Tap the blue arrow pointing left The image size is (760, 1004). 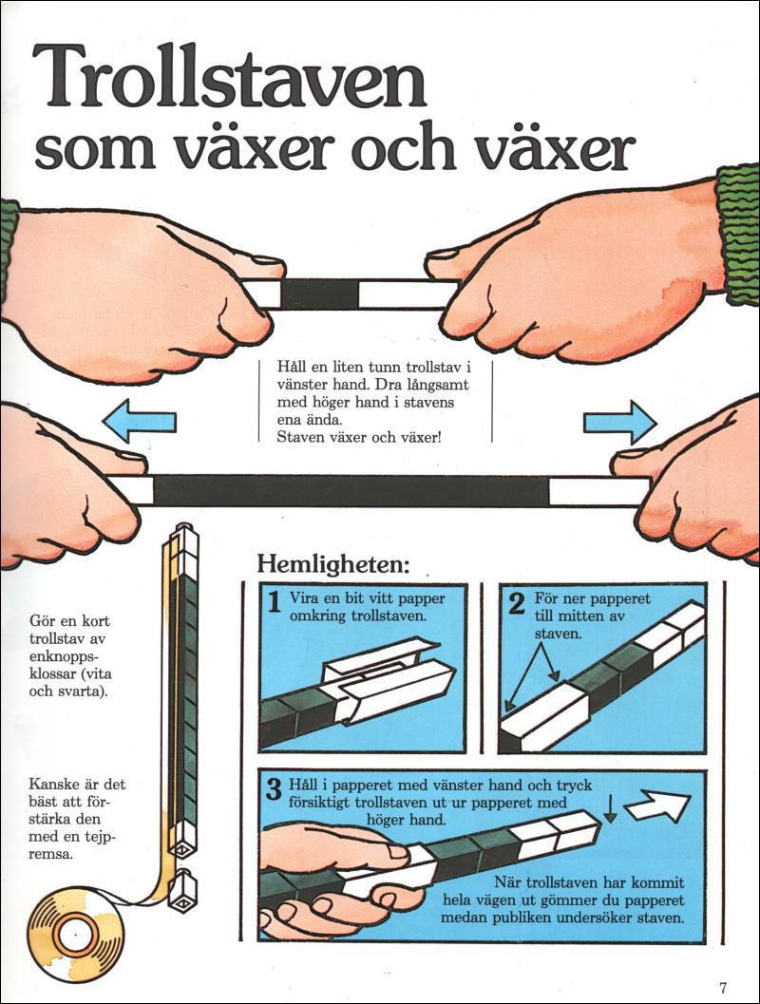pos(139,422)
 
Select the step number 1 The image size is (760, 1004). pos(274,602)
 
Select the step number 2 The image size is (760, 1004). pos(516,602)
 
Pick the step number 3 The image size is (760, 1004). pos(274,789)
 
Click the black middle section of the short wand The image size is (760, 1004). pos(319,294)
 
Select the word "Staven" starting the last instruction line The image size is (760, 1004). pos(297,437)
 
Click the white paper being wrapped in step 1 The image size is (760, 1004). pos(384,682)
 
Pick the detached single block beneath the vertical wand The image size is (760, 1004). pos(182,891)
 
